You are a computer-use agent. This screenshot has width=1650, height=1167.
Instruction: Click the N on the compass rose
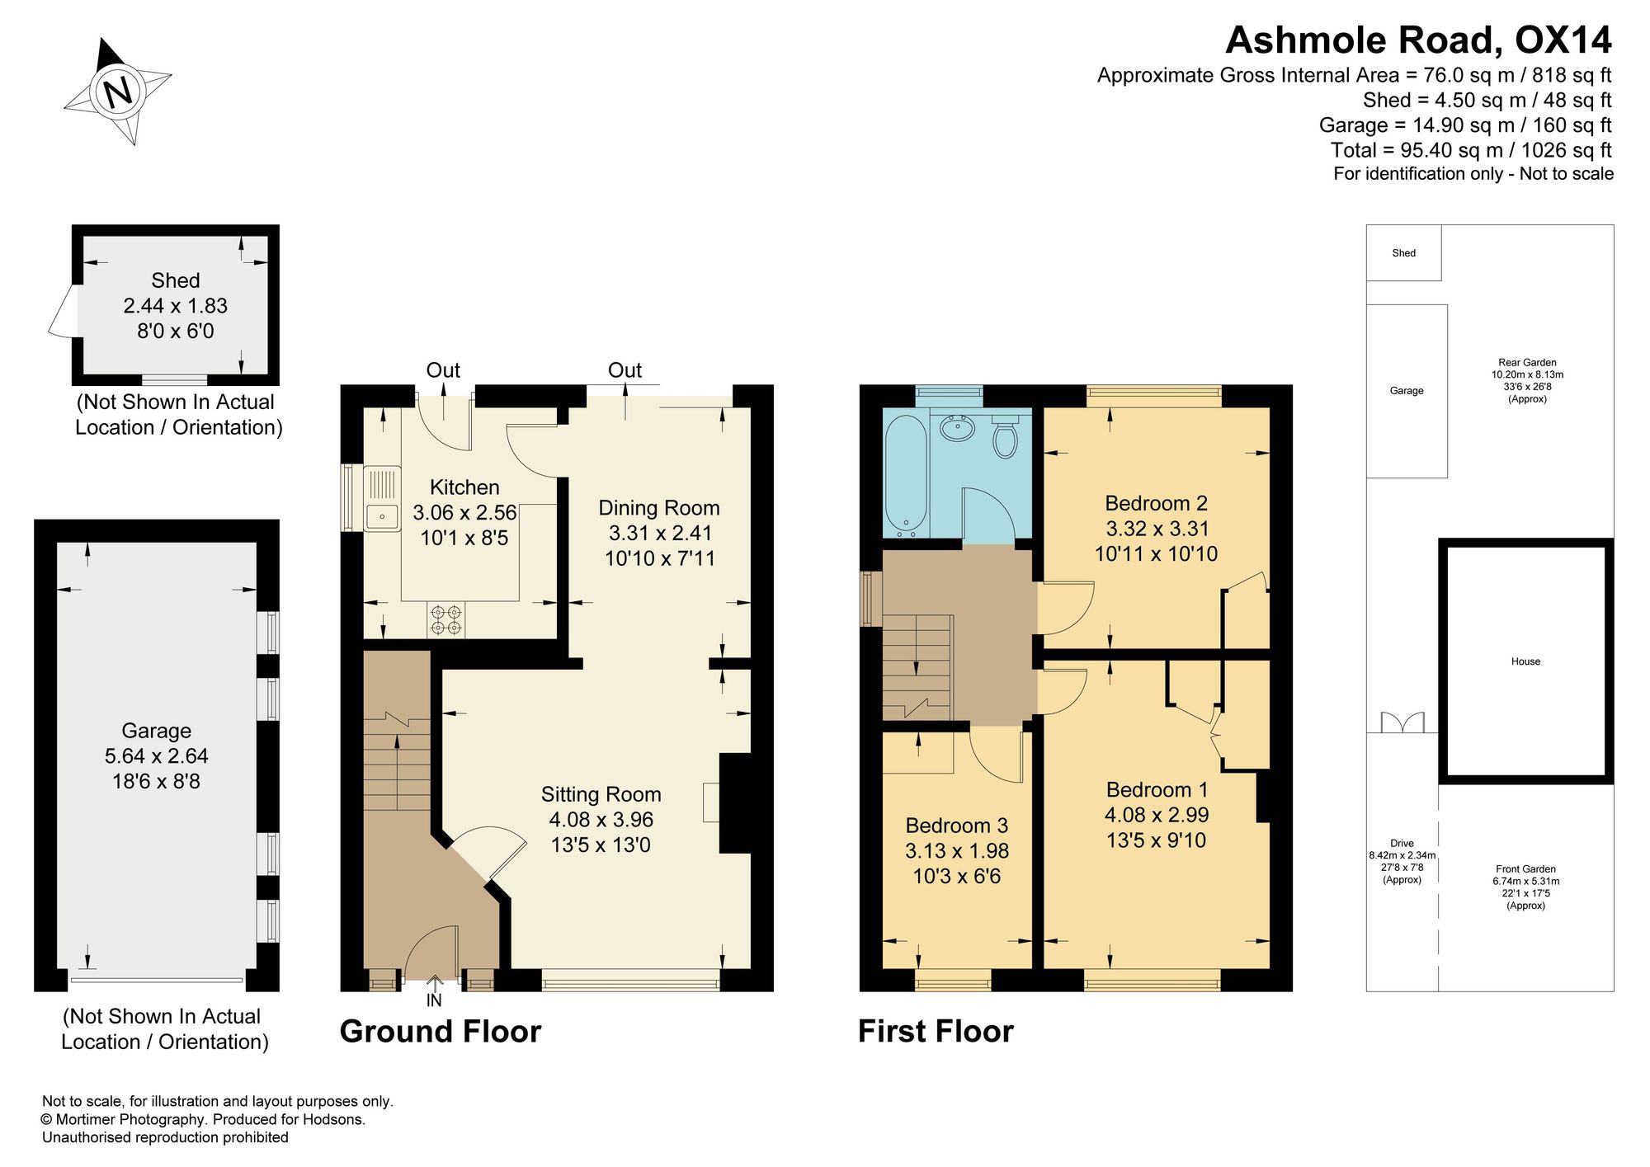pos(118,90)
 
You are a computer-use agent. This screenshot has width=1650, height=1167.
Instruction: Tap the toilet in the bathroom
pos(1004,437)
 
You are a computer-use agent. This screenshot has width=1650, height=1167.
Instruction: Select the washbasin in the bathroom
pos(958,428)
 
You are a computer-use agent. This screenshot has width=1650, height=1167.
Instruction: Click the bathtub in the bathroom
pos(906,475)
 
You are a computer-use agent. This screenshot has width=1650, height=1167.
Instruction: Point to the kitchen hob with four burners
pos(446,619)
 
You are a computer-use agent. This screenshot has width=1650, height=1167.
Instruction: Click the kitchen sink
pos(382,498)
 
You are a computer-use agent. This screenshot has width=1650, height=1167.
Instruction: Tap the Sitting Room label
pos(601,794)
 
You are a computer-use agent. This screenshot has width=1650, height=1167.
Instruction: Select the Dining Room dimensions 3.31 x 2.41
pos(659,533)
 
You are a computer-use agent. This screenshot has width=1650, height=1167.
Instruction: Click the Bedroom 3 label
pos(957,826)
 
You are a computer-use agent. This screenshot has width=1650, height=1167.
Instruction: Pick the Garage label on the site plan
pos(1407,391)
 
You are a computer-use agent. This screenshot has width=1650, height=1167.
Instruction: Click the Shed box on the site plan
pos(1404,253)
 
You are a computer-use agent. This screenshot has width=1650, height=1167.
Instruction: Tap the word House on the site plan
pos(1526,661)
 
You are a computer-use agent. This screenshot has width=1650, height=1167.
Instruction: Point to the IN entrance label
pos(434,1000)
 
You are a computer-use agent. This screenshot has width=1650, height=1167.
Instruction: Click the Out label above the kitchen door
pos(443,370)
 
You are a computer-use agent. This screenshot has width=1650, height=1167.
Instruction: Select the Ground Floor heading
pos(441,1032)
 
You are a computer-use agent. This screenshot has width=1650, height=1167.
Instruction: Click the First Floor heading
pos(936,1032)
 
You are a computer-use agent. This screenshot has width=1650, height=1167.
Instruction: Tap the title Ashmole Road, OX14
pos(1418,40)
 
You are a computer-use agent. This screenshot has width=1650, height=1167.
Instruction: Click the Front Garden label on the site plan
pos(1526,869)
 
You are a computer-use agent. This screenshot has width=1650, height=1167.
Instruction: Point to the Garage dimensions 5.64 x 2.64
pos(157,755)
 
